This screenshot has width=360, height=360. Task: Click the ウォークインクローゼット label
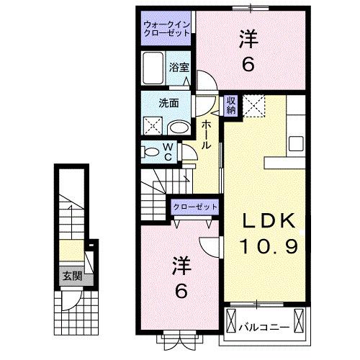tap(165, 29)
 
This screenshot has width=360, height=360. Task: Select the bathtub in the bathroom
tap(153, 71)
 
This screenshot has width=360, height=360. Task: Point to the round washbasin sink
tap(179, 128)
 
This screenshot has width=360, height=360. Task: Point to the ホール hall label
tap(206, 135)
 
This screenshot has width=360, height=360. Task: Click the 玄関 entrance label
tap(70, 275)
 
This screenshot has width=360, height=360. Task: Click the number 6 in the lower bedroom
tap(182, 292)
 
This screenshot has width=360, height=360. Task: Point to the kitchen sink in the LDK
tap(296, 139)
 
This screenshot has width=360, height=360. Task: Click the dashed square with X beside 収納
tap(254, 105)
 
